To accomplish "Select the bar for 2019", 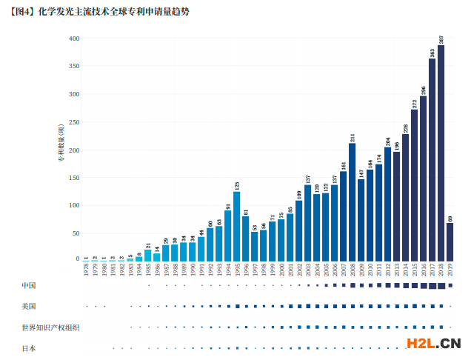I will [450, 241].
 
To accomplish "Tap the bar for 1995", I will [236, 226].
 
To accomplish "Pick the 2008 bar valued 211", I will [352, 201].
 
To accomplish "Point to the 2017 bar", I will [432, 159].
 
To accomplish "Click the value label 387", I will [441, 40].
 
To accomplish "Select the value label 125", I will [236, 185].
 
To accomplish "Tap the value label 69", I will [450, 217].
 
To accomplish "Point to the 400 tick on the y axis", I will [73, 39].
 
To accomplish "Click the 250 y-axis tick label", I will [73, 121].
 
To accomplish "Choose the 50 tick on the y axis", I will [75, 233].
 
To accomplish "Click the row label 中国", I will [29, 285].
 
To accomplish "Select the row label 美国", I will [29, 306].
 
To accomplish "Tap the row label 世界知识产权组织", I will [50, 327].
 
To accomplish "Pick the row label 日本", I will [29, 347].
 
